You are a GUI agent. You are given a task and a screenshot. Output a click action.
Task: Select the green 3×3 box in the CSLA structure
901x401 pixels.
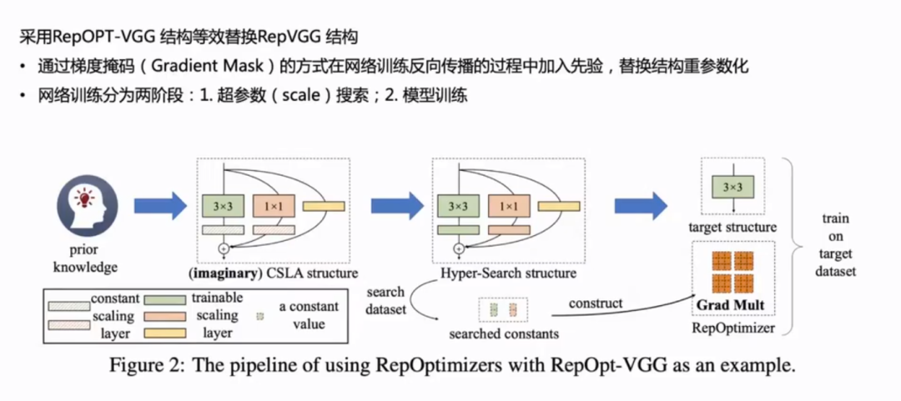(x=222, y=205)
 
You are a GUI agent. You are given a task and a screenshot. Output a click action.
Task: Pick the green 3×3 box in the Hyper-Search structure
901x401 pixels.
(x=458, y=205)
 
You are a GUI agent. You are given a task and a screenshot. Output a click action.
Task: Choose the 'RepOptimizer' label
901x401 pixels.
(x=733, y=328)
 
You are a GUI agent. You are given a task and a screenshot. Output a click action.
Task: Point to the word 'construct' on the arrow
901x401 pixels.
(x=596, y=303)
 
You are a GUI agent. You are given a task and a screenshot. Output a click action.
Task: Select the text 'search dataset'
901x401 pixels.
(x=385, y=300)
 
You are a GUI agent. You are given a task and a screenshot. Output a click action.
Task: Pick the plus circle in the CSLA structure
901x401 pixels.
(x=223, y=248)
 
